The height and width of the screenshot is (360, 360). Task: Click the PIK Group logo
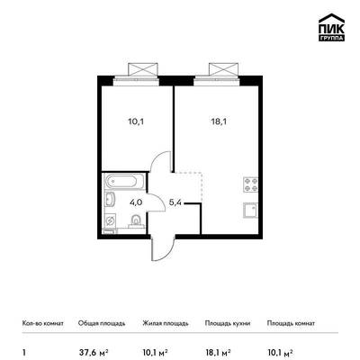331,27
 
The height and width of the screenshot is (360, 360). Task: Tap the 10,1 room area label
134,122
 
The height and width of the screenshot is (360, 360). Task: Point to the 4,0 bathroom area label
136,202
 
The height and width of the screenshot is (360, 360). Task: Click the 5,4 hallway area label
175,202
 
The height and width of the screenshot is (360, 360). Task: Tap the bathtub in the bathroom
125,181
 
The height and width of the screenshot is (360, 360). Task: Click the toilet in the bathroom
136,220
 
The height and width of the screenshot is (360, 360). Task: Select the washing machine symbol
110,220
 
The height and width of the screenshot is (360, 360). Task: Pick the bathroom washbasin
110,199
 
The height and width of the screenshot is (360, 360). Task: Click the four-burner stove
250,184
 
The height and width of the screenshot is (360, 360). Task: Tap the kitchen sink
250,210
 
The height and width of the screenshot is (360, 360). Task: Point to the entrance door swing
164,249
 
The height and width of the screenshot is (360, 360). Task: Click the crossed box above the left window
143,69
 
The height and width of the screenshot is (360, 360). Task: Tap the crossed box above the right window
224,69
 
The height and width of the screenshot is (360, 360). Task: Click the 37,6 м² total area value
94,352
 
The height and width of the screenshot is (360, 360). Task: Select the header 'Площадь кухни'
228,323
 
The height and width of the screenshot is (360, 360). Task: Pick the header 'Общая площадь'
102,323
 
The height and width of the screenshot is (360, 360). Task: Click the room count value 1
24,352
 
